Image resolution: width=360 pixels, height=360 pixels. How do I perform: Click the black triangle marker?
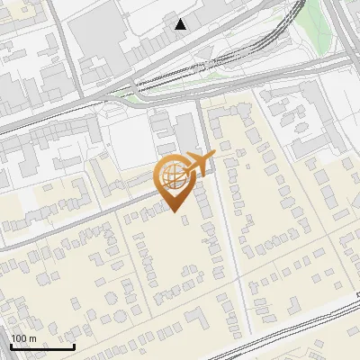click(182, 24)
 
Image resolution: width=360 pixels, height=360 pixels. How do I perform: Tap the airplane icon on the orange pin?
click(199, 163)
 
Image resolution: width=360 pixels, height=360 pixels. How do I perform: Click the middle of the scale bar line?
click(42, 346)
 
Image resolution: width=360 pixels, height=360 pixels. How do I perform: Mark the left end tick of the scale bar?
click(11, 346)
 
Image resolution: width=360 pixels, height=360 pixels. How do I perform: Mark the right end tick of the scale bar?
click(74, 346)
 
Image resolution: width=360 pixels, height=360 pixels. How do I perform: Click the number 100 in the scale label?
click(19, 337)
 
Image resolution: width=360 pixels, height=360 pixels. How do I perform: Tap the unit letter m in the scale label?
click(32, 337)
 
